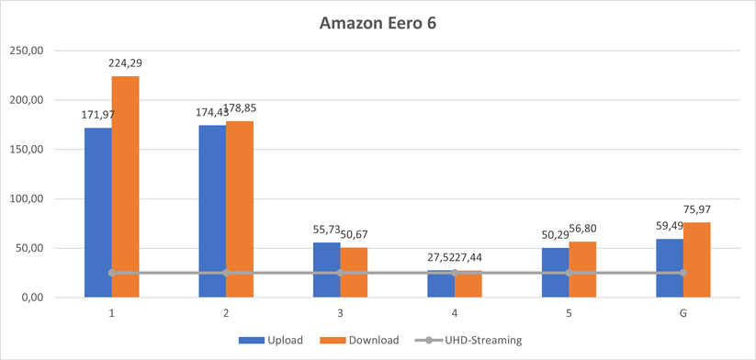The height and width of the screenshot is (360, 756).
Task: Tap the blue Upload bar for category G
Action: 670,267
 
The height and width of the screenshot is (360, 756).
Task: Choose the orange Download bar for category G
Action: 696,259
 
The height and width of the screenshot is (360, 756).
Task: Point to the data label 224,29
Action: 125,63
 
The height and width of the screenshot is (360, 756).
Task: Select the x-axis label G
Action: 683,312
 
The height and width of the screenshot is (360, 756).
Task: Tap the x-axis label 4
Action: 455,312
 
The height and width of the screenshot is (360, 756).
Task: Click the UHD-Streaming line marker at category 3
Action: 340,273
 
